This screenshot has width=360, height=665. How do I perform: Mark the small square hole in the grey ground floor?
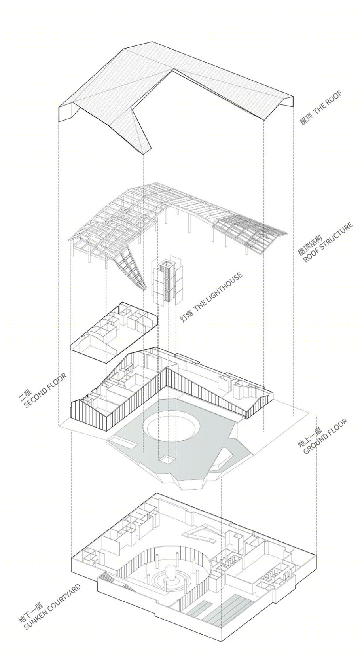pos(167,460)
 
